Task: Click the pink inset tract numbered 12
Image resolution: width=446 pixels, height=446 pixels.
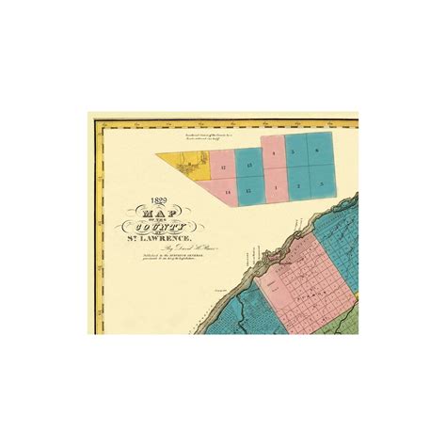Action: coord(223,167)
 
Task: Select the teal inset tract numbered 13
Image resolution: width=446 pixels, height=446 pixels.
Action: coord(248,167)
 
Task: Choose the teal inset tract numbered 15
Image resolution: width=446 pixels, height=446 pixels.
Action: coord(248,192)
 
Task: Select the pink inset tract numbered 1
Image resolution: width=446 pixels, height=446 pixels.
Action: coord(273,186)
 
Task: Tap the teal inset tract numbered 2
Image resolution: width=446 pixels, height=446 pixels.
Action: coord(296,185)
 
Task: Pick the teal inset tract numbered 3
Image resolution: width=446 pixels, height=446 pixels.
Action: coord(319,185)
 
